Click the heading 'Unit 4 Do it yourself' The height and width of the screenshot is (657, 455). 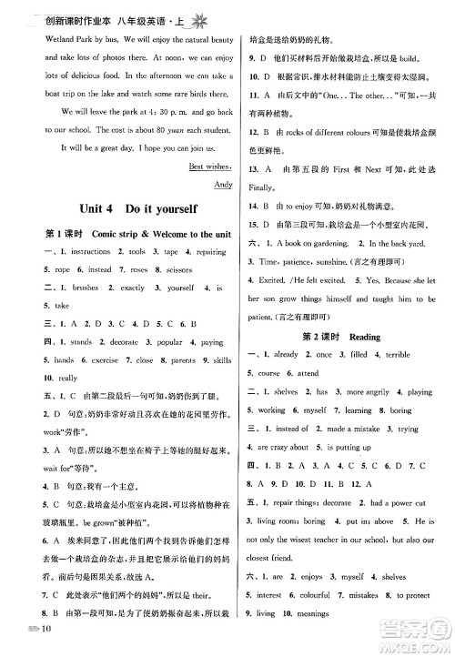click(125, 208)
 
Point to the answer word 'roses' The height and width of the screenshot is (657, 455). click(141, 269)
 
